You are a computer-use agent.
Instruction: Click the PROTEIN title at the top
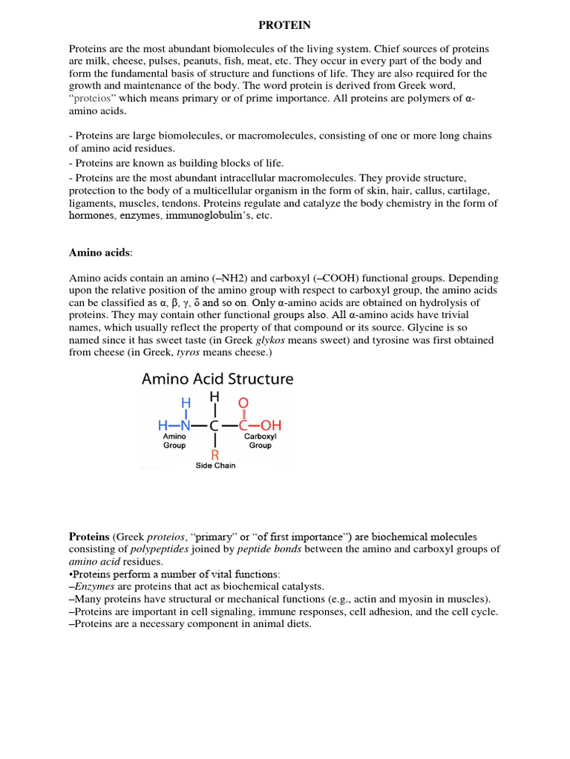click(284, 25)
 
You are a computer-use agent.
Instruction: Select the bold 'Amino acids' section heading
click(99, 253)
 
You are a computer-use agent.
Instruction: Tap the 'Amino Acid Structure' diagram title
click(217, 379)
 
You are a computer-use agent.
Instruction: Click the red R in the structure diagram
click(214, 454)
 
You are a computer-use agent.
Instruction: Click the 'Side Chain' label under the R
click(215, 465)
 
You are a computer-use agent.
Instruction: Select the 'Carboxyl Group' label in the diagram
click(260, 442)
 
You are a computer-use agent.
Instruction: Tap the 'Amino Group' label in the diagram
click(174, 442)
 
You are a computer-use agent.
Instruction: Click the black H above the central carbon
click(214, 397)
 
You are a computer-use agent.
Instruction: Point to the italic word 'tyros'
click(190, 352)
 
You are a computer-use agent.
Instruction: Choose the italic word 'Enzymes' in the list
click(96, 586)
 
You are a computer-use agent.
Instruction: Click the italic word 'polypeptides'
click(160, 549)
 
